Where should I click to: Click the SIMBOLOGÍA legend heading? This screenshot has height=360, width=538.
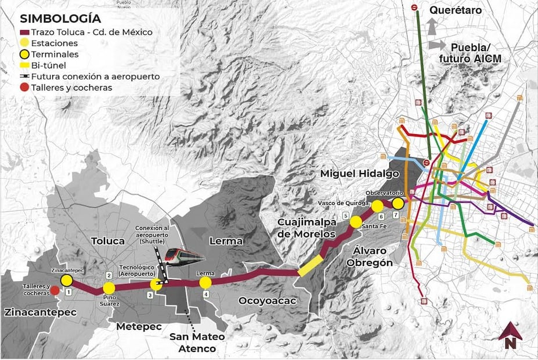[x=56, y=19]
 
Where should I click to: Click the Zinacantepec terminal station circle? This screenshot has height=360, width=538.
[x=66, y=280]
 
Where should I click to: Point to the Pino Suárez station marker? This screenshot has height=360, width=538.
[x=109, y=289]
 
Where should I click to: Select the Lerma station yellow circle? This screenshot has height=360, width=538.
[x=205, y=283]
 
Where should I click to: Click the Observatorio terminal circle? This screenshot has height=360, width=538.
[x=398, y=203]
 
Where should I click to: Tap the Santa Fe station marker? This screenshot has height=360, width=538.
[x=356, y=222]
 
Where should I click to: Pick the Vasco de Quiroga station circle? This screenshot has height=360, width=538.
[x=377, y=206]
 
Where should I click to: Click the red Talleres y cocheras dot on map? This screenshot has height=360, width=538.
[x=55, y=290]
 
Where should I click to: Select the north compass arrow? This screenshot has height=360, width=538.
[x=510, y=336]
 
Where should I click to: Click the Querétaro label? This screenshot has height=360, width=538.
[x=455, y=10]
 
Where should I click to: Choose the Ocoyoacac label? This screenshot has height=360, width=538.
[x=267, y=300]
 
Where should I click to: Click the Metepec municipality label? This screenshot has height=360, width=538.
[x=138, y=326]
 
